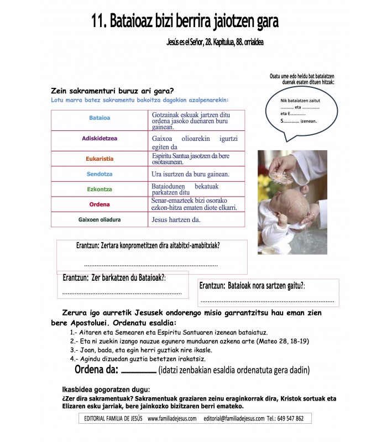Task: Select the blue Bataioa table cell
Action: coord(100,118)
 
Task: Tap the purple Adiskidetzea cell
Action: coord(100,139)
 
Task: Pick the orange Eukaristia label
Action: coord(100,159)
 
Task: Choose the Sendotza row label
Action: coord(100,174)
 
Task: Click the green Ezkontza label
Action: coord(100,189)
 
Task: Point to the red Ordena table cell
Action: coord(100,204)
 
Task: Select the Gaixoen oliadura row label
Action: coord(100,219)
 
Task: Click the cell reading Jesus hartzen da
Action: coord(176,219)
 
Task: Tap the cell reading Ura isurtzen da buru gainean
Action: coord(190,174)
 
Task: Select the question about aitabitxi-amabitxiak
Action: coord(151,245)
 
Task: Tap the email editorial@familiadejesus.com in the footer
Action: coord(233,418)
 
